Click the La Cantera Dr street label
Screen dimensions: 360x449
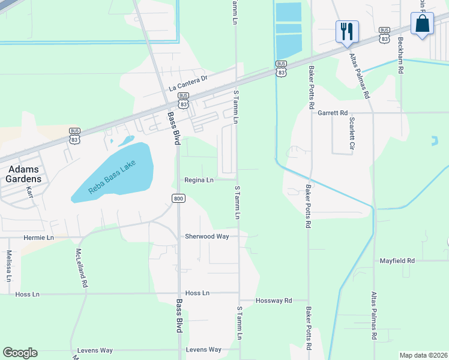point(188,83)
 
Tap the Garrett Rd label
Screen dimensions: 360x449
point(333,112)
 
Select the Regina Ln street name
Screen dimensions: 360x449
point(199,180)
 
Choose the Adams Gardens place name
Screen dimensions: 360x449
point(25,174)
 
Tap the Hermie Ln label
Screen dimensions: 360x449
point(38,238)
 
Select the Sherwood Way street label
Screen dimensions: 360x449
point(207,236)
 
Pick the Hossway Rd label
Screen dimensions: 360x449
point(273,300)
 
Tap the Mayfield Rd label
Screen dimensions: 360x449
point(397,261)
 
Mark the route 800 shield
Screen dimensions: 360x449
point(178,199)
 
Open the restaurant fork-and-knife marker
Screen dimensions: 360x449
point(346,31)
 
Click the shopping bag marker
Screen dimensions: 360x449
point(423,24)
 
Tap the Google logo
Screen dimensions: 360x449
point(20,353)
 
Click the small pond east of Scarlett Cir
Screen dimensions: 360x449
point(434,142)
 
